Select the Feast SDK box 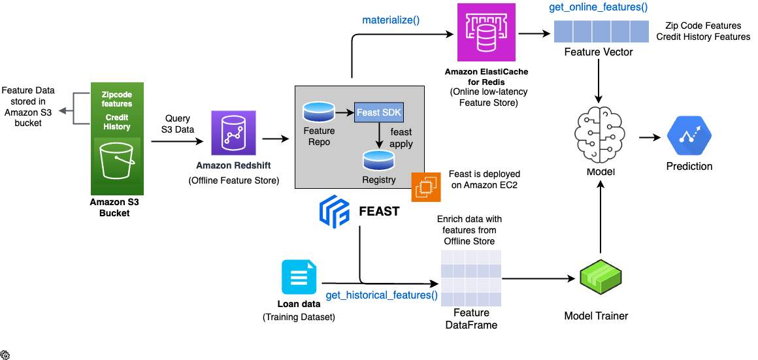379,113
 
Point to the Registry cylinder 379,159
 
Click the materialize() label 391,20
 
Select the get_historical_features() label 382,295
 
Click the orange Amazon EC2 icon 425,187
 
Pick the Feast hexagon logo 334,212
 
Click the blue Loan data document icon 299,277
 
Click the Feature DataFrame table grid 470,278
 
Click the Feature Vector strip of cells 598,31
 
